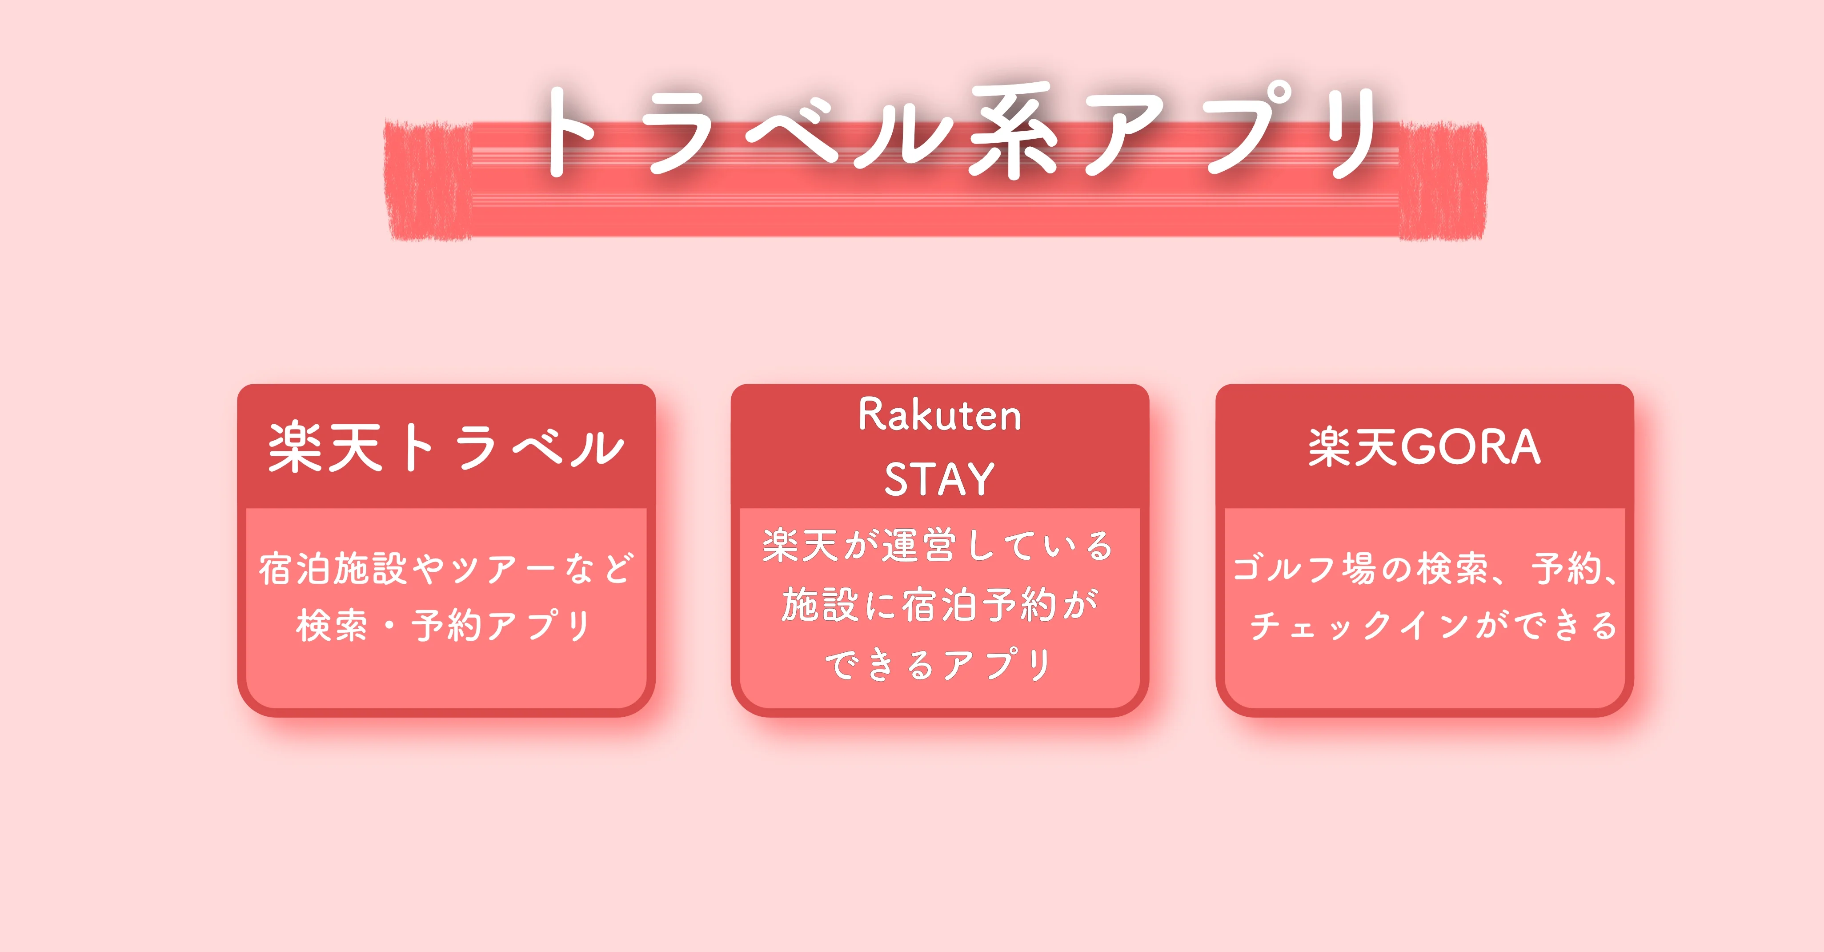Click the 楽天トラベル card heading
pos(446,448)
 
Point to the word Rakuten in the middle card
pos(940,415)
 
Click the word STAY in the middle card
pos(940,479)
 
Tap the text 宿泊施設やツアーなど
pos(446,569)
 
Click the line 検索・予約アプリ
pos(445,626)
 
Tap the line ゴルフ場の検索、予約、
pos(1425,569)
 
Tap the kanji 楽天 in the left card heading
pos(326,448)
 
